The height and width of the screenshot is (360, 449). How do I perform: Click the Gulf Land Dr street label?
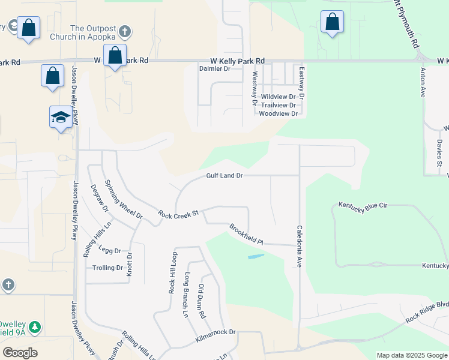224,176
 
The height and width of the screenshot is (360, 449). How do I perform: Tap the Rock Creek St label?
178,214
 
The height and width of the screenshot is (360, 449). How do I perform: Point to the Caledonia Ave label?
298,247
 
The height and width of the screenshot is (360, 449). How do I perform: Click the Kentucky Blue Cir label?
363,205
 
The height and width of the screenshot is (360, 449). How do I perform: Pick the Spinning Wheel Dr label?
123,199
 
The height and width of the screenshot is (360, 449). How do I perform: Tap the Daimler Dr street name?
215,69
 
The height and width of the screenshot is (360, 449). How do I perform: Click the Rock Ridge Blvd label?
427,311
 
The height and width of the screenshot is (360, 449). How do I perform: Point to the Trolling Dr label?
104,268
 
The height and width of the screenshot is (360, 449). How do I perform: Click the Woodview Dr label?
277,113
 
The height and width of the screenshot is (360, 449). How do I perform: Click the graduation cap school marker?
61,116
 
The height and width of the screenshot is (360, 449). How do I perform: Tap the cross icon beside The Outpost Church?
124,31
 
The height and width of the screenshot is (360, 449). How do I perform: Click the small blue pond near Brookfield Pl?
255,257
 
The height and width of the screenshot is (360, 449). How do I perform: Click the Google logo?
20,353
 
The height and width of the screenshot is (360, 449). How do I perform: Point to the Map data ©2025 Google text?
412,355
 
